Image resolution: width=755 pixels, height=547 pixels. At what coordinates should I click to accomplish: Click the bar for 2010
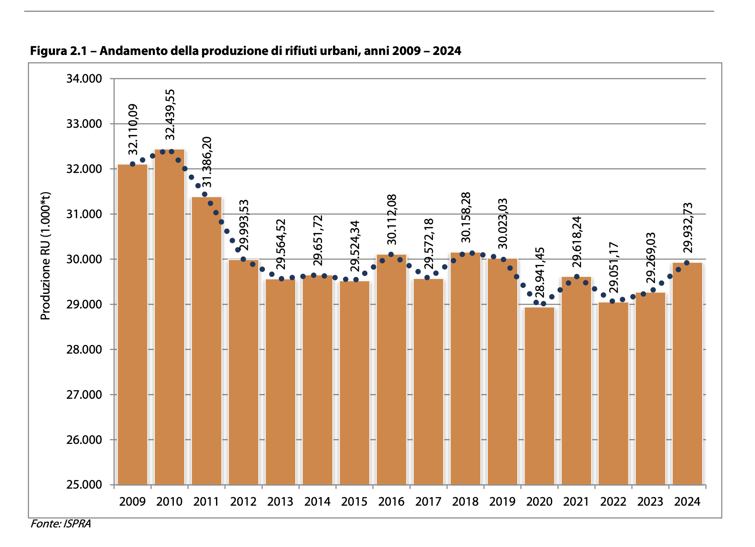point(170,317)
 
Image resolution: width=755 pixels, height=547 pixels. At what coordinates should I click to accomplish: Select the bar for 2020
point(539,396)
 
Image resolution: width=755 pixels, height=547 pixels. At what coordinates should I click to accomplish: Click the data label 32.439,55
point(170,114)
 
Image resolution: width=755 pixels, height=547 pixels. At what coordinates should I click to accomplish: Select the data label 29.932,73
point(688,228)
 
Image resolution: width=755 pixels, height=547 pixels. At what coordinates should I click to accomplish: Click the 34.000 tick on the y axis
point(84,79)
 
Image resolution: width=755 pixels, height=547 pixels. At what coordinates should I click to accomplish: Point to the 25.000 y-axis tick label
point(84,485)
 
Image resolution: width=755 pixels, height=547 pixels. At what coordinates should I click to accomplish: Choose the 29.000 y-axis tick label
point(84,305)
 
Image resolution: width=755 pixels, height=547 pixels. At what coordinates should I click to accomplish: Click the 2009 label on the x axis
point(133,502)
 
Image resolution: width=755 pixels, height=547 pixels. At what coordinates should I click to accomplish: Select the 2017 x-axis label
point(428,502)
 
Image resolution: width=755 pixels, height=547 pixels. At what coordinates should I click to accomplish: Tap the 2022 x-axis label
point(613,502)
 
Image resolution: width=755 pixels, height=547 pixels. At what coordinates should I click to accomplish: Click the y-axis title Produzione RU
point(46,256)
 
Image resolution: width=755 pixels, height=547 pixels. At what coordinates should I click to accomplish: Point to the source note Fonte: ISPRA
point(61,524)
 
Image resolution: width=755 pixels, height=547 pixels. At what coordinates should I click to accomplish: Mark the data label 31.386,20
point(207,162)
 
